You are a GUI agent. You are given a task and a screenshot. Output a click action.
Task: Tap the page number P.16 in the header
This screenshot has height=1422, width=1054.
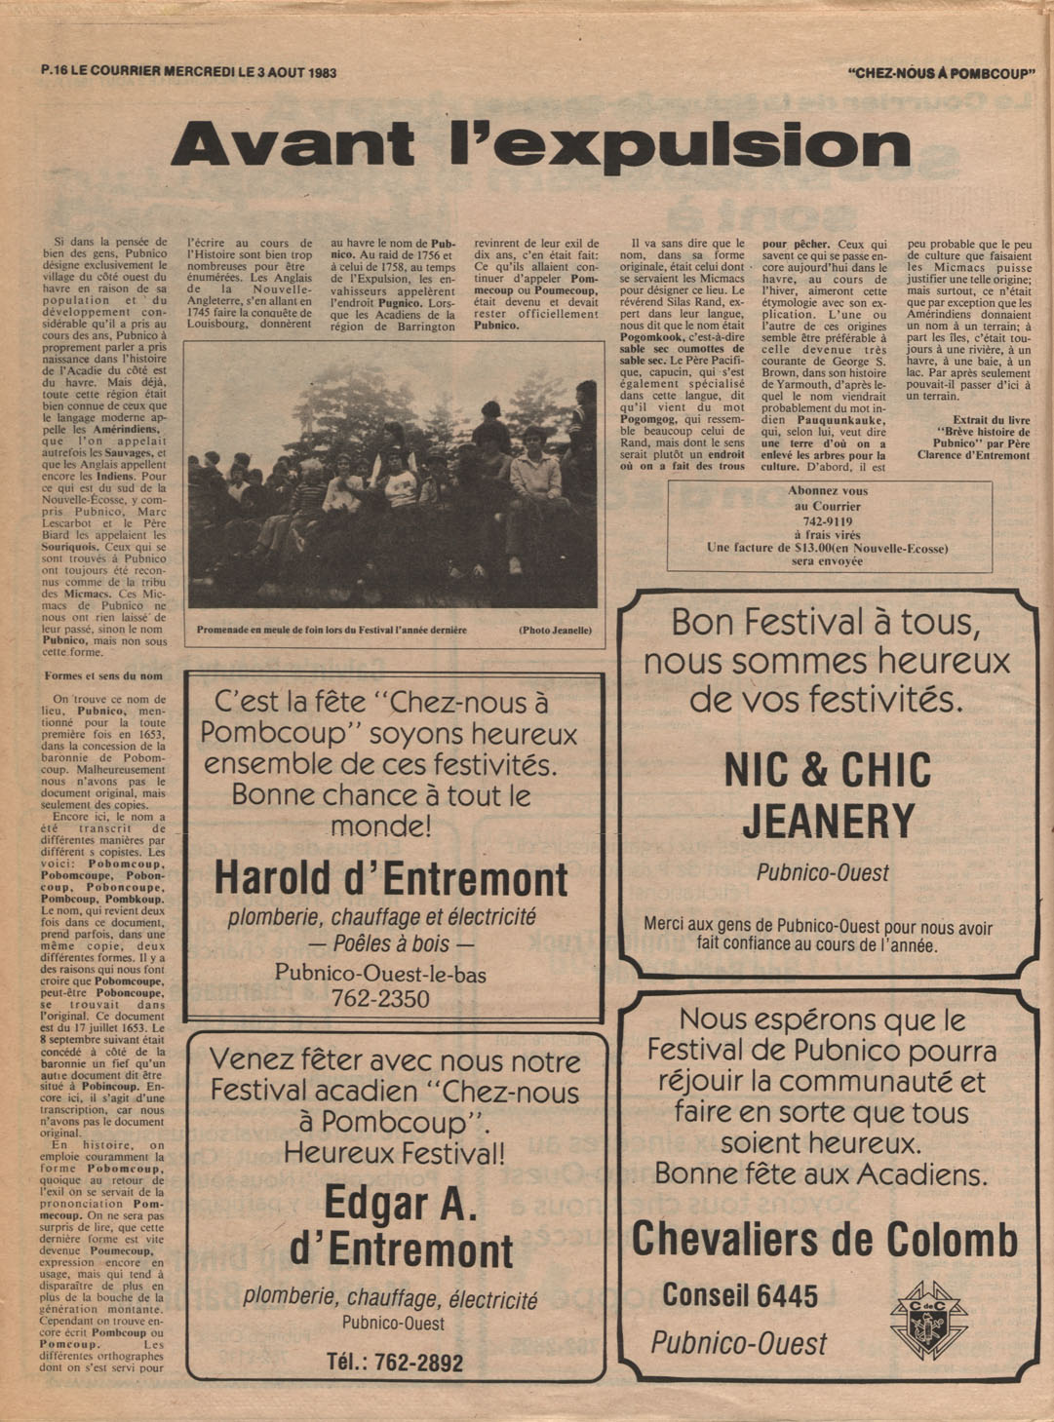54,71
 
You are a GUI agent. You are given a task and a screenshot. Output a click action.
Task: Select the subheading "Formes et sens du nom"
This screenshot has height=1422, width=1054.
103,675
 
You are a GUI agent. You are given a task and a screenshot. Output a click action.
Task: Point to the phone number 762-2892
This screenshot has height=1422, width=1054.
395,1362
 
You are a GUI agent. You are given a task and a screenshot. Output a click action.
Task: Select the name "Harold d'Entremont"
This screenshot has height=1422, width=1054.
391,879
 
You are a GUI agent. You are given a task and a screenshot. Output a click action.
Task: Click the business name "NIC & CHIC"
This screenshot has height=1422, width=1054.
828,771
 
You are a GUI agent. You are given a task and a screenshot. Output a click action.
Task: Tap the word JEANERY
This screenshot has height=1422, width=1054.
828,822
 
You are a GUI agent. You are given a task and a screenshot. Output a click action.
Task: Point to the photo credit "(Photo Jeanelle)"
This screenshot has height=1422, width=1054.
555,631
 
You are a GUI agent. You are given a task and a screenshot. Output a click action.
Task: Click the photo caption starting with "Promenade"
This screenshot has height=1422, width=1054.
332,631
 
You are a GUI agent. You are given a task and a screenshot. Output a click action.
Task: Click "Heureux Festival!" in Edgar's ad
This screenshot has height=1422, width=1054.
394,1153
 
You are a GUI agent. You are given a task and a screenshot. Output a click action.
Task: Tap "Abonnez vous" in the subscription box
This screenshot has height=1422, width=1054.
828,491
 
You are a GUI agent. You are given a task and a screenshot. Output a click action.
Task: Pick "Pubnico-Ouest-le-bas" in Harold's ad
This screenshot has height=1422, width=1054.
380,973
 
